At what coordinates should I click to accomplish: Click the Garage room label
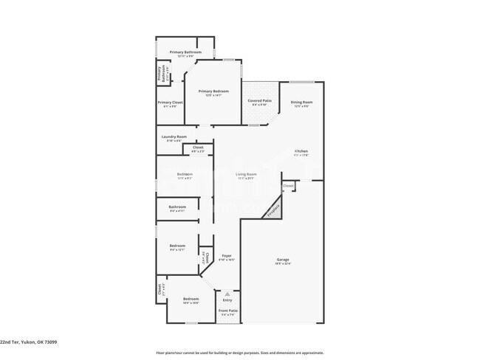coord(283,259)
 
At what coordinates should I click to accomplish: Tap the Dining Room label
coord(301,103)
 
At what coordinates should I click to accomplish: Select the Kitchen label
coord(301,151)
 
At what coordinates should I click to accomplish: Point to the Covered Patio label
coord(260,100)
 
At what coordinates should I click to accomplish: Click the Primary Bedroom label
coord(213,91)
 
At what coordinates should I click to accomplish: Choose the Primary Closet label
coord(170,103)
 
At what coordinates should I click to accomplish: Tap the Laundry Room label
coord(174,136)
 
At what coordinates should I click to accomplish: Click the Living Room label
coord(246,174)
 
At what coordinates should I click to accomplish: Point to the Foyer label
coord(227,255)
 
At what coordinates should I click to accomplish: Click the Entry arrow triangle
coord(227,294)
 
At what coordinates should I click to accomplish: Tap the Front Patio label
coord(227,311)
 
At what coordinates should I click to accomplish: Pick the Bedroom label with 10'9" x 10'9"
coord(191,299)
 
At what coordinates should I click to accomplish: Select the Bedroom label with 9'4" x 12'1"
coord(177,246)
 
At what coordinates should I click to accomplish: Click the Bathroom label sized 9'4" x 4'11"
coord(177,207)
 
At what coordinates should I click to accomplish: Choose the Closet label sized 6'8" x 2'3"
coord(198,148)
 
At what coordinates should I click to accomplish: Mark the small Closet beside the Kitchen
coord(288,185)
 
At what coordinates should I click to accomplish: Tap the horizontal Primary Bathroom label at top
coord(185,52)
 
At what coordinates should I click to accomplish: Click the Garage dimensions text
coord(283,263)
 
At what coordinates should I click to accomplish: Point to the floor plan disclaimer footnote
coord(239,353)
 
